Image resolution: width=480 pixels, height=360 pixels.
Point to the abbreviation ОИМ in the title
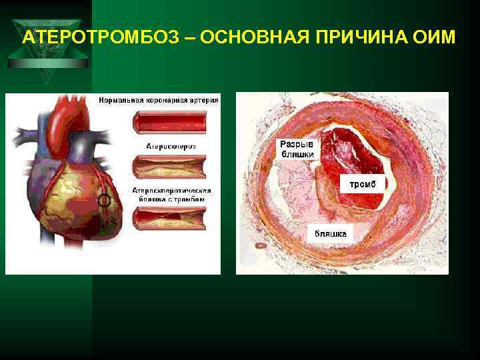pos(437,37)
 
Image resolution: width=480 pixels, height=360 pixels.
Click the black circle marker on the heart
pos(104,199)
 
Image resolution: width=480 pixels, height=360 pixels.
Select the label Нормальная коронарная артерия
pos(159,101)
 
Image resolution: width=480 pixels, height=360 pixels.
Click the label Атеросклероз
pos(171,145)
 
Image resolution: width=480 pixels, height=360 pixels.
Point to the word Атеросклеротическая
pos(171,190)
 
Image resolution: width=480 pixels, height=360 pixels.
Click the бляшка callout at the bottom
pos(331,233)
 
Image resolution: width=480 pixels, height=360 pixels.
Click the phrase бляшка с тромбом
pos(171,199)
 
